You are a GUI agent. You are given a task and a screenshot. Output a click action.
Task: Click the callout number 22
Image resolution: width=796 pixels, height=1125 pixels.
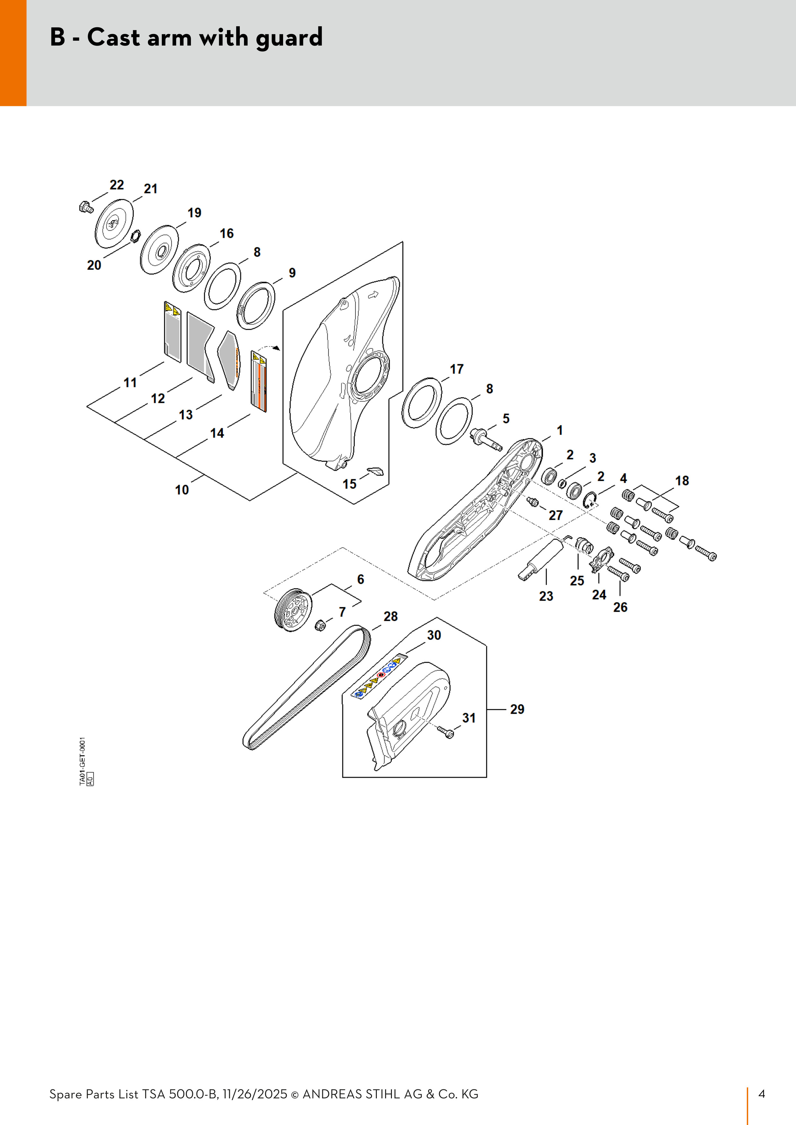(x=117, y=185)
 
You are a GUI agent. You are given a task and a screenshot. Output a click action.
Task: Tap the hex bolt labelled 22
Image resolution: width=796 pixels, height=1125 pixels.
(x=86, y=207)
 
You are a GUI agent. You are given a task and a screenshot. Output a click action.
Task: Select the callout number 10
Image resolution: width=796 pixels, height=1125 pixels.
(x=182, y=490)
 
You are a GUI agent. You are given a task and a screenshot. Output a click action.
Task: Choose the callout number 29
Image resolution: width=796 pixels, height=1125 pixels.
(x=517, y=709)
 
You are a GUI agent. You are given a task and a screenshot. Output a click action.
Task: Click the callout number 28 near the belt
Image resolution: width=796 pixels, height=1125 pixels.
(x=391, y=617)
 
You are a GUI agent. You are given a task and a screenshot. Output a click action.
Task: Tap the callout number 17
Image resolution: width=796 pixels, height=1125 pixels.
(x=457, y=369)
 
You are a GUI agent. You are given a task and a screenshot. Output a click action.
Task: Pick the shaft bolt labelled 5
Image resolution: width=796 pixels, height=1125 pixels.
(x=485, y=438)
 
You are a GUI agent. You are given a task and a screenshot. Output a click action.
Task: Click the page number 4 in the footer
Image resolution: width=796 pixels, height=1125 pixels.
(x=762, y=1094)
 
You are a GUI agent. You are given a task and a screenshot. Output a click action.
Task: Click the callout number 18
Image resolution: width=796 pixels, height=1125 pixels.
(x=682, y=481)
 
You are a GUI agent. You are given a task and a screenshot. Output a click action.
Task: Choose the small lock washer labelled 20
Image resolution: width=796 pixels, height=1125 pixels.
(x=135, y=239)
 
